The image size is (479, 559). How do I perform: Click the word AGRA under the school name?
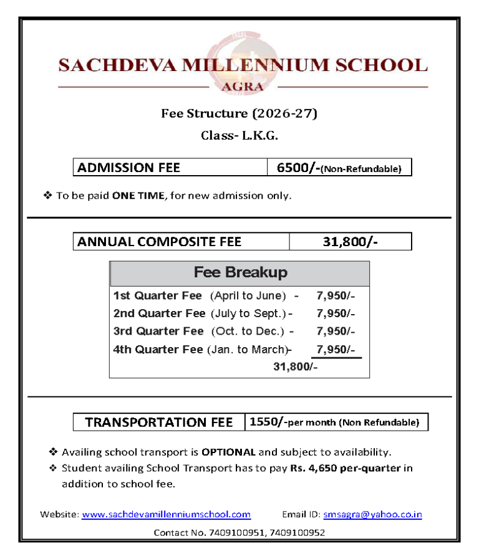point(243,87)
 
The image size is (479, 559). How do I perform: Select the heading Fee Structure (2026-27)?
point(239,113)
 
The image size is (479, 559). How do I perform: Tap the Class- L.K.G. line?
point(239,135)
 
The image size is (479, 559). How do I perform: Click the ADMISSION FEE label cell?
point(170,167)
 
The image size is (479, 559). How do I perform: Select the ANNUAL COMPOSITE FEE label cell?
point(181,241)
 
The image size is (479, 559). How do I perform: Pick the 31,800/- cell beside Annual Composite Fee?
point(349,241)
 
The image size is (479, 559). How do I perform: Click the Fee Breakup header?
point(240,272)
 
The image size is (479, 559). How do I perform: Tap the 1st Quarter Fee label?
point(157,295)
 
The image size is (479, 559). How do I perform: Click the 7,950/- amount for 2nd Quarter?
point(336,313)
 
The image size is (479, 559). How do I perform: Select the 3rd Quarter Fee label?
point(158,331)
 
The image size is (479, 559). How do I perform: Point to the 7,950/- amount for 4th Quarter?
point(336,349)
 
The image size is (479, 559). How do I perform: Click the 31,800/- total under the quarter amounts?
point(295,367)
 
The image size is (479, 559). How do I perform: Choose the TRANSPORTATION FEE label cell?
point(158,422)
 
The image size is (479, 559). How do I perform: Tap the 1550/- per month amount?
point(268,422)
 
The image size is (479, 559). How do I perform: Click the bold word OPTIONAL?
point(228,452)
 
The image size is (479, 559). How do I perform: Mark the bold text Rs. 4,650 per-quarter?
point(345,468)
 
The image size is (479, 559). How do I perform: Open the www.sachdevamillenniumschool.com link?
point(166,515)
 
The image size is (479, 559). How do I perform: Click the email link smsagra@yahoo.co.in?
point(372,515)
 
